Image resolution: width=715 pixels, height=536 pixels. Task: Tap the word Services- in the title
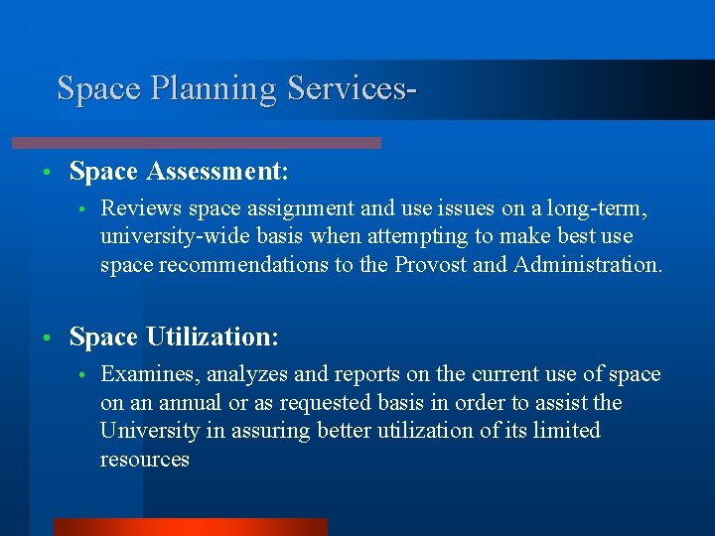[x=351, y=88]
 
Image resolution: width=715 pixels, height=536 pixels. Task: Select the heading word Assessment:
[x=217, y=172]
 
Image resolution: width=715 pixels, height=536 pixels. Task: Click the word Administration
[x=587, y=265]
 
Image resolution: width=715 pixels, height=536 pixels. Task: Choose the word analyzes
[x=242, y=374]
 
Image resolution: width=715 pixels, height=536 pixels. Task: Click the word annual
[x=195, y=402]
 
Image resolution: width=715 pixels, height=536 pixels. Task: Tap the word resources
[x=144, y=459]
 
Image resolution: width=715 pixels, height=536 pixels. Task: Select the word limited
[x=567, y=430]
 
